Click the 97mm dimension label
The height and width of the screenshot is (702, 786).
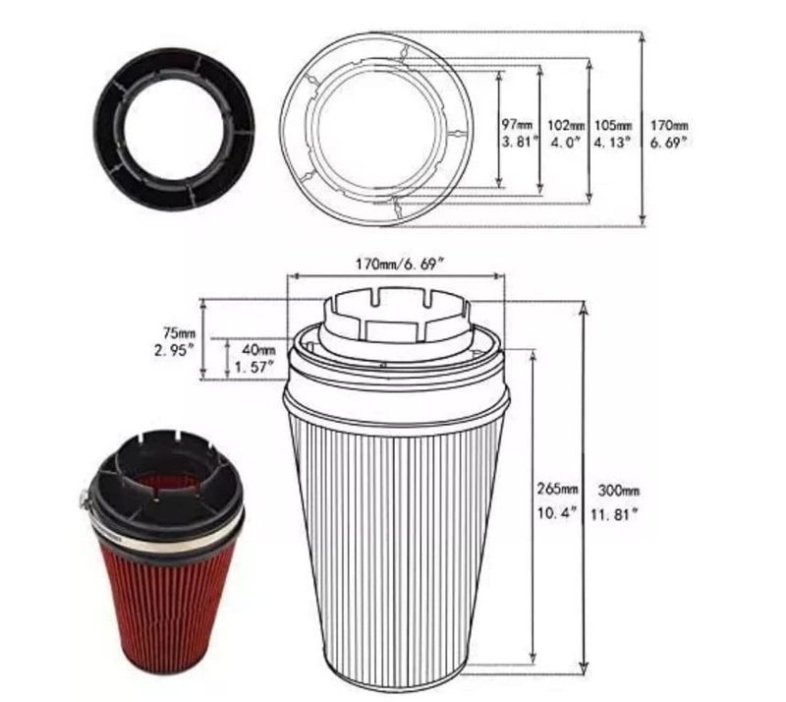(518, 124)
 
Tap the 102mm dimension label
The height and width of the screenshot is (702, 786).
(566, 125)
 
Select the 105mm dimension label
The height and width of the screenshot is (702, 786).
(613, 125)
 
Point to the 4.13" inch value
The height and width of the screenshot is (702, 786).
(611, 143)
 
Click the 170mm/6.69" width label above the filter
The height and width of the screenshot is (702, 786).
(400, 263)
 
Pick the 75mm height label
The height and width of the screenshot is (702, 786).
(179, 332)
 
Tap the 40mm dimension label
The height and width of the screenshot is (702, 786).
(258, 349)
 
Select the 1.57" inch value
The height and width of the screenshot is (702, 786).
(254, 368)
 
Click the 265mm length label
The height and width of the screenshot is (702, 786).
(557, 489)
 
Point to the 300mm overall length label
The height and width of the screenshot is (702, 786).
(619, 491)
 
